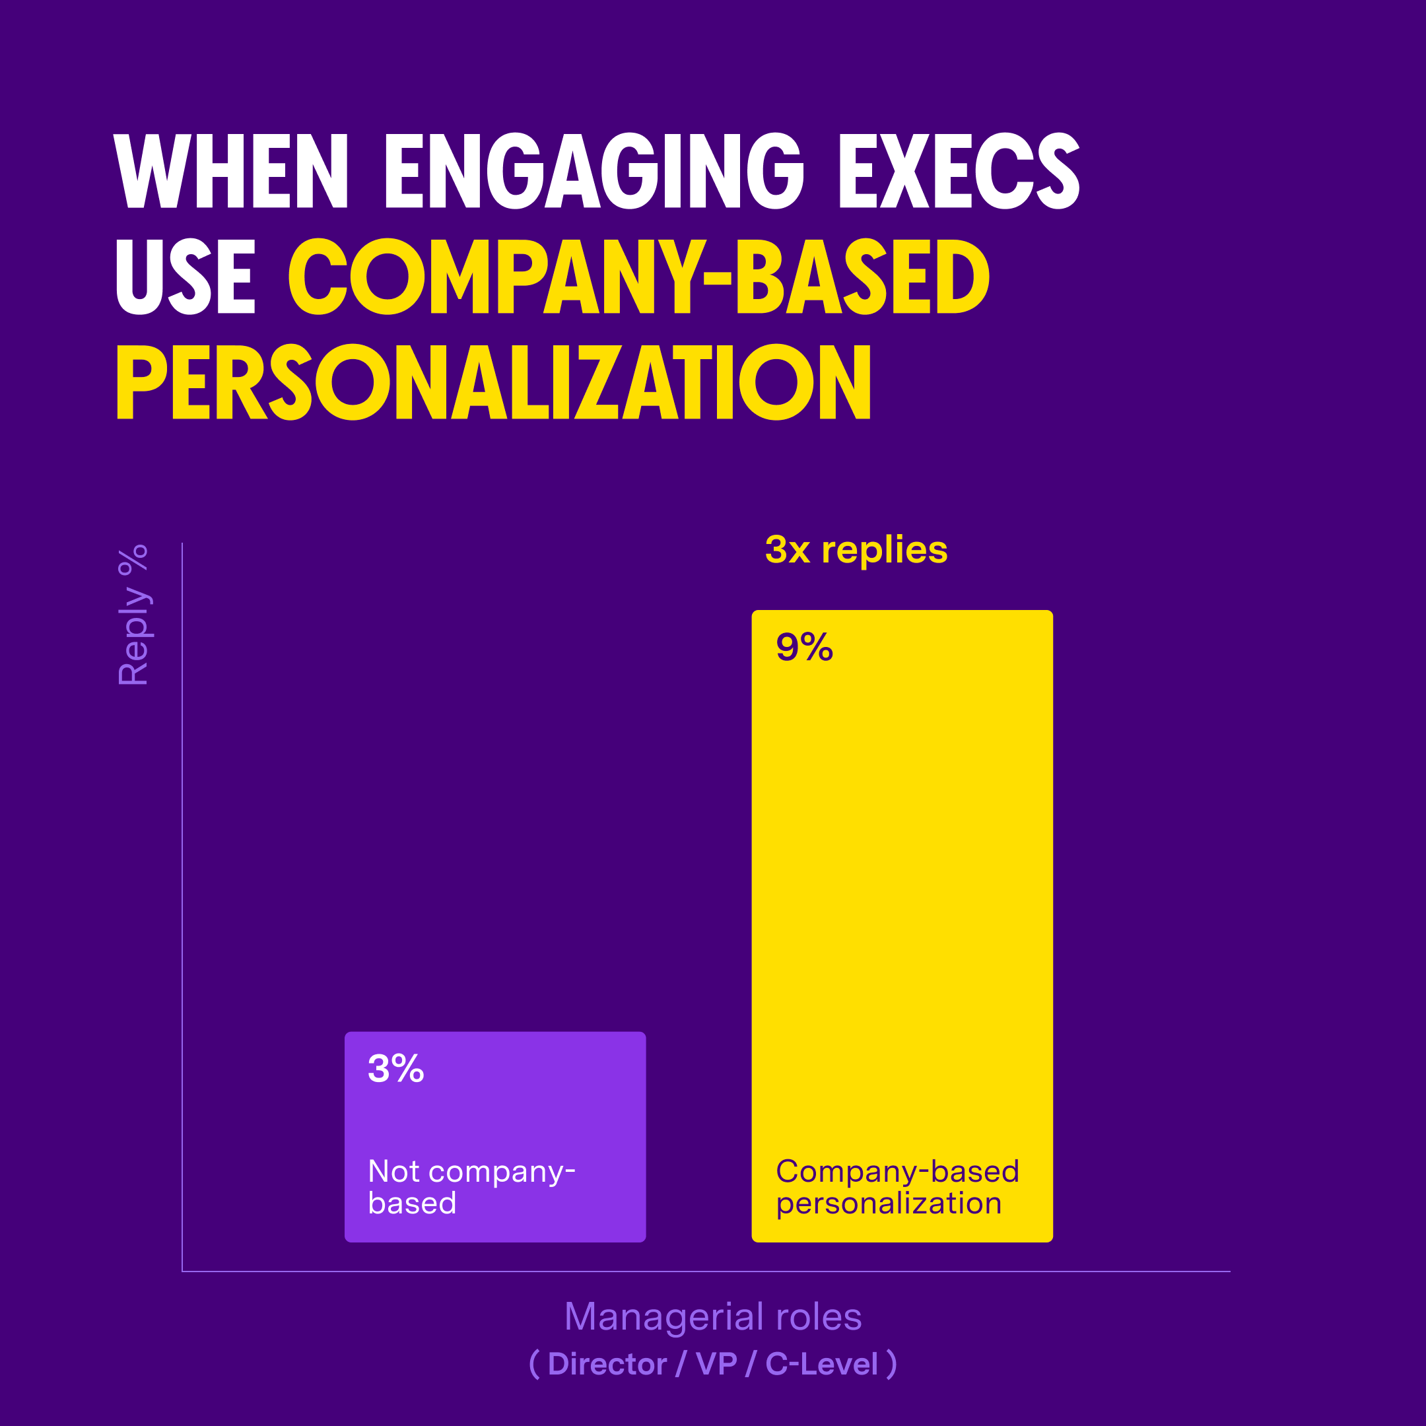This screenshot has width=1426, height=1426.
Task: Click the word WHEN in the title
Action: (x=230, y=171)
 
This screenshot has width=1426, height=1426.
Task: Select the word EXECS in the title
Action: (x=959, y=171)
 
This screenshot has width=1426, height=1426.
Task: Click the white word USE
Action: (x=186, y=277)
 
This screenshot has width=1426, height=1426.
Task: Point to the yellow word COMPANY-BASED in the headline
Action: (x=638, y=277)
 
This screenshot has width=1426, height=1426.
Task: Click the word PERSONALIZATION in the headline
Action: (x=494, y=382)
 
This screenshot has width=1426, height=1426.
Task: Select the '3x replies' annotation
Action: (x=856, y=550)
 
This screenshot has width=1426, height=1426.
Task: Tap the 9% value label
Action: (x=804, y=647)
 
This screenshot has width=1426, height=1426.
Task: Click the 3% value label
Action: (x=395, y=1069)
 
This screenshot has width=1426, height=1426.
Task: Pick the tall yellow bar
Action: (x=902, y=886)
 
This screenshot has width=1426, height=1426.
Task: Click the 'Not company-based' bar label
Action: (x=471, y=1188)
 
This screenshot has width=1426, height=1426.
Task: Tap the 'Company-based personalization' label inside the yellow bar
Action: (x=897, y=1188)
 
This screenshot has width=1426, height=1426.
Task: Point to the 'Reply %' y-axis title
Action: (x=133, y=615)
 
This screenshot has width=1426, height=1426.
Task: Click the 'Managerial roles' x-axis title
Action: (x=713, y=1317)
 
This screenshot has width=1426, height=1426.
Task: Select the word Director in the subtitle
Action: (x=607, y=1364)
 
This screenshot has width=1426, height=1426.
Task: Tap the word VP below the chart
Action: (x=716, y=1364)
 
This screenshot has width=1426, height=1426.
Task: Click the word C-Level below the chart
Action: (x=821, y=1364)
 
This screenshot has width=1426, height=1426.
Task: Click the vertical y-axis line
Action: (x=182, y=886)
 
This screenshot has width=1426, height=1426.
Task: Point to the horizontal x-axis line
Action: (x=706, y=1272)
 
